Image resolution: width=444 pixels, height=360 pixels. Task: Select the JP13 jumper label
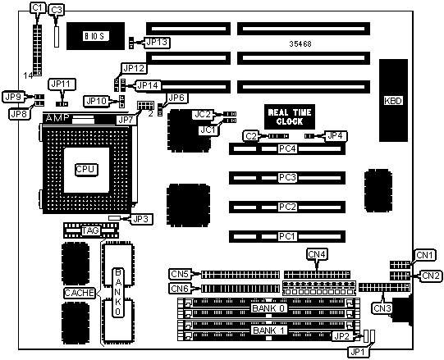[157, 43]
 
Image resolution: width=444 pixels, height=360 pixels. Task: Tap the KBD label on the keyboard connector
[393, 101]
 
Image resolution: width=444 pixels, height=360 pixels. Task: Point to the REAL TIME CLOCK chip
[290, 116]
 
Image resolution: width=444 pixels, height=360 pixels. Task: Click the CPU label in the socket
[86, 169]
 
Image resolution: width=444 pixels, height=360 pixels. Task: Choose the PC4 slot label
[287, 148]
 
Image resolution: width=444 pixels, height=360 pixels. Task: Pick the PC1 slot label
[287, 236]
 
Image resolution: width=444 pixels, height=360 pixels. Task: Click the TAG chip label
[90, 230]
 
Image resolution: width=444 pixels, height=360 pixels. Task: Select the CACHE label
[80, 293]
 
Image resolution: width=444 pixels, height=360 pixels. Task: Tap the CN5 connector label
[180, 274]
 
